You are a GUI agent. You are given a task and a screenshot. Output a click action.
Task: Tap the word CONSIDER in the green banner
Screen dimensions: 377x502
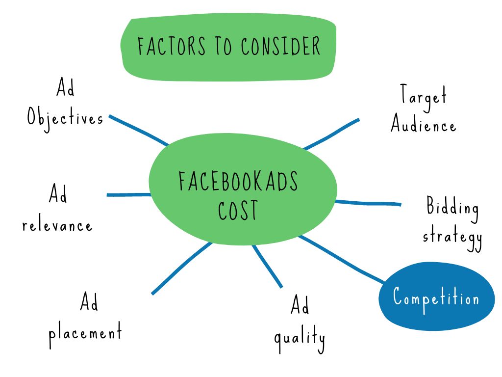click(280, 46)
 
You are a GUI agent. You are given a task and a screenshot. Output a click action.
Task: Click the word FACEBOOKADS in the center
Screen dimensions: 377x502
click(238, 181)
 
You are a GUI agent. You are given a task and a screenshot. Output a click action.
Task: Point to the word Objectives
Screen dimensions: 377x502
click(65, 118)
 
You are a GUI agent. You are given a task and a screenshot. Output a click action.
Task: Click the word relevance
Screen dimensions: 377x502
click(57, 226)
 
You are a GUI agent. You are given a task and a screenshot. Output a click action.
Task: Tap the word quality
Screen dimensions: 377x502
click(300, 338)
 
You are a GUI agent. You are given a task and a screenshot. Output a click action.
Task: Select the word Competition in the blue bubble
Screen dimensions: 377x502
click(436, 297)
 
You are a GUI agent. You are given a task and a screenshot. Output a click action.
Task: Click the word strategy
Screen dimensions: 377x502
click(452, 237)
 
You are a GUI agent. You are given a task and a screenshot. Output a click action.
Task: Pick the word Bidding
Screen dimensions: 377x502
click(452, 208)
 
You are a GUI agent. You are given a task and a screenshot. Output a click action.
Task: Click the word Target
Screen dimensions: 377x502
click(423, 95)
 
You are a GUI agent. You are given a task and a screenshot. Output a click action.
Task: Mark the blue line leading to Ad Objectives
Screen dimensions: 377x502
click(138, 131)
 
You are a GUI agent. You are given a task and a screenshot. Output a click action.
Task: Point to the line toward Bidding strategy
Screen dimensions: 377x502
click(368, 203)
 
